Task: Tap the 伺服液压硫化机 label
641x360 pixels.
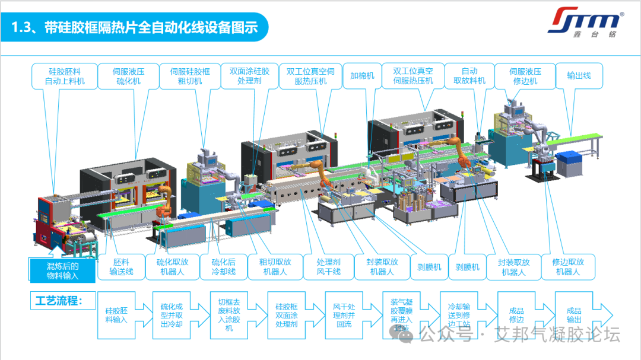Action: [128, 76]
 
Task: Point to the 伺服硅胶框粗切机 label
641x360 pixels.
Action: [190, 76]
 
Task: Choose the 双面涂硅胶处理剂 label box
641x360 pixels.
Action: [249, 76]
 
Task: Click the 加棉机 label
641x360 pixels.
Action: [362, 76]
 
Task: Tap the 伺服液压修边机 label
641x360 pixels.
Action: [525, 76]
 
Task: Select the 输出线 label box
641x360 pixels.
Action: [579, 76]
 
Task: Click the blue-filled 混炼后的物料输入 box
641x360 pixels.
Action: [62, 270]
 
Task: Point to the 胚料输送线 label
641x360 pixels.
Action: [121, 267]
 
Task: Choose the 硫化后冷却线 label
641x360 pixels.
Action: [224, 267]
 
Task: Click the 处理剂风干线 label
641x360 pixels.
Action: [328, 267]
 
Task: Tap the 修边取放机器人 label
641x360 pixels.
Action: [568, 267]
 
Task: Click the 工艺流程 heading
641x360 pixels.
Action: [62, 300]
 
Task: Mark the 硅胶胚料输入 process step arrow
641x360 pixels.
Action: [118, 314]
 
